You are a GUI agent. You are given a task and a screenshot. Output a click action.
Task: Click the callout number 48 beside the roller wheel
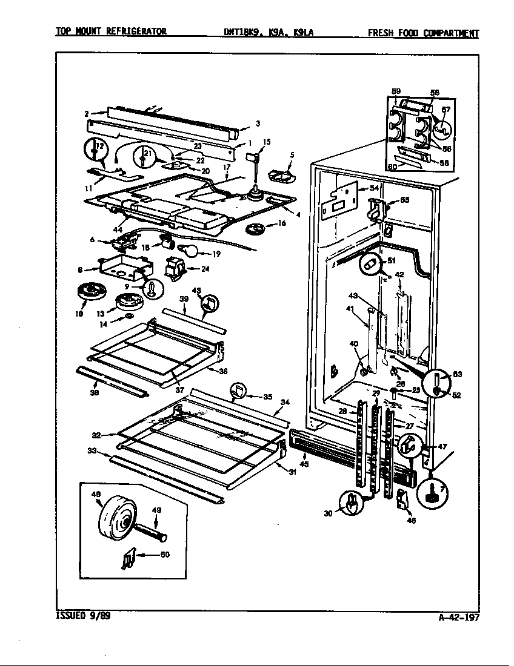pos(96,495)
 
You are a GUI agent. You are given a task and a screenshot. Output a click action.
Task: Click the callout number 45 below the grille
pos(304,464)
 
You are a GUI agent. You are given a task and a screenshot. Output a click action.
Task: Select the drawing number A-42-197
pos(459,618)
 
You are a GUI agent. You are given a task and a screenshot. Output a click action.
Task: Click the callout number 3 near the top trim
pos(258,124)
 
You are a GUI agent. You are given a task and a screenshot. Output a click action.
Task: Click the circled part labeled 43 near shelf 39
pos(209,303)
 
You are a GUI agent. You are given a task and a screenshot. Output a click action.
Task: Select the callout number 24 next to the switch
pos(205,269)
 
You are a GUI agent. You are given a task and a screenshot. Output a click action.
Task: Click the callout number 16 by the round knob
pos(281,223)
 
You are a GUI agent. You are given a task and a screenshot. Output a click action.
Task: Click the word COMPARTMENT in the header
pos(446,33)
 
